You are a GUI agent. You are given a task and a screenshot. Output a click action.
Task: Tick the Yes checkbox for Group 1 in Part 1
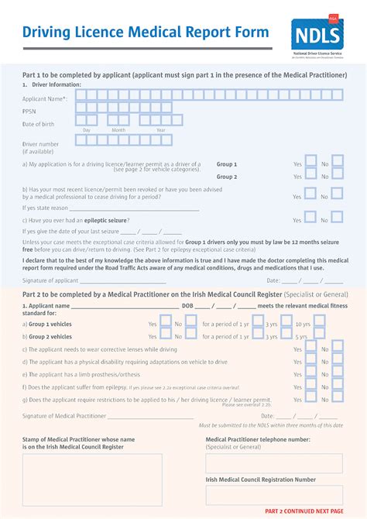point(310,163)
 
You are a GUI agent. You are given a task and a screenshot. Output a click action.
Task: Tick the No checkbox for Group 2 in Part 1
point(338,177)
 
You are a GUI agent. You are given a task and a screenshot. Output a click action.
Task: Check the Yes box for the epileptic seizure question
point(310,219)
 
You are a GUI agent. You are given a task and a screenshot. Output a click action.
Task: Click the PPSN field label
point(29,111)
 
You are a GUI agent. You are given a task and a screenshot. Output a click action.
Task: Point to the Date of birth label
point(39,124)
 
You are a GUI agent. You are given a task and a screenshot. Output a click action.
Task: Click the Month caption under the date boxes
point(118,130)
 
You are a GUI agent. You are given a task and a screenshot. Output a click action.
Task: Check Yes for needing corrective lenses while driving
point(310,349)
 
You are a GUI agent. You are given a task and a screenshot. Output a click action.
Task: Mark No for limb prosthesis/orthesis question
point(338,373)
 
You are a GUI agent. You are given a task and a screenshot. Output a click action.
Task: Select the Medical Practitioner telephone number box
point(273,463)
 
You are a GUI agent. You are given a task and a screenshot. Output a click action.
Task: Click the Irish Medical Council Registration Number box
point(273,495)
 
